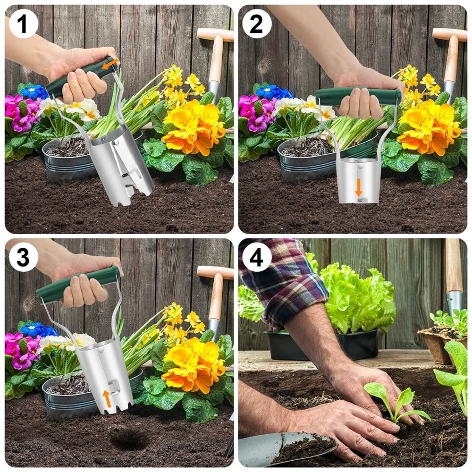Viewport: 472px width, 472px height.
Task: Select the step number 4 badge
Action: coord(256,257)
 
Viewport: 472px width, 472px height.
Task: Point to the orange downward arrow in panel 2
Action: coord(359,187)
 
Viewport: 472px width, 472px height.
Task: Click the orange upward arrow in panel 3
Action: coord(107,398)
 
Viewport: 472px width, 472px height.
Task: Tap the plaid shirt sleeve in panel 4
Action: coord(283,283)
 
